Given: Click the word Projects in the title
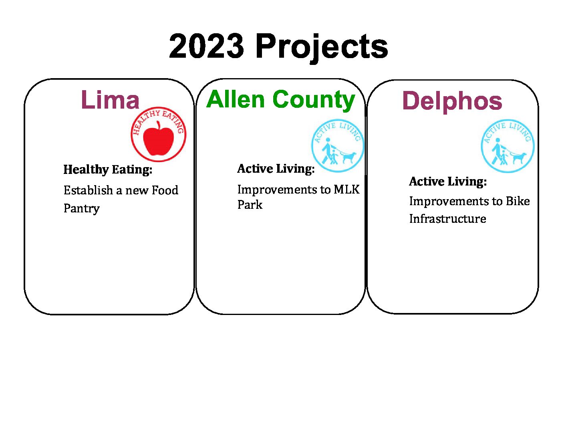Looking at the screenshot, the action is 322,48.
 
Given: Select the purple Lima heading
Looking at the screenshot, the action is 110,99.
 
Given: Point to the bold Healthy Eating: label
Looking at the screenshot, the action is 108,170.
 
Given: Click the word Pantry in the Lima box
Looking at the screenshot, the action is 82,209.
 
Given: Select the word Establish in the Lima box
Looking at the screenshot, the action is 88,190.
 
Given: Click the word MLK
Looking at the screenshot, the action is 346,190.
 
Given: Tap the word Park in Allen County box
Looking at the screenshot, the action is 250,205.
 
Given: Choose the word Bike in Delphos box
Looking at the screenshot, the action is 518,201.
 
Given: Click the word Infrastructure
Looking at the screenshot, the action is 448,219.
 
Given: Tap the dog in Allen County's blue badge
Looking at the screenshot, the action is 348,157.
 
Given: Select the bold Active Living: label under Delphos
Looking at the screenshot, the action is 448,182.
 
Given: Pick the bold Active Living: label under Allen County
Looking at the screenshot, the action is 276,169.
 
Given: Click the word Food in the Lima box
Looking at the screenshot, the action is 165,190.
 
